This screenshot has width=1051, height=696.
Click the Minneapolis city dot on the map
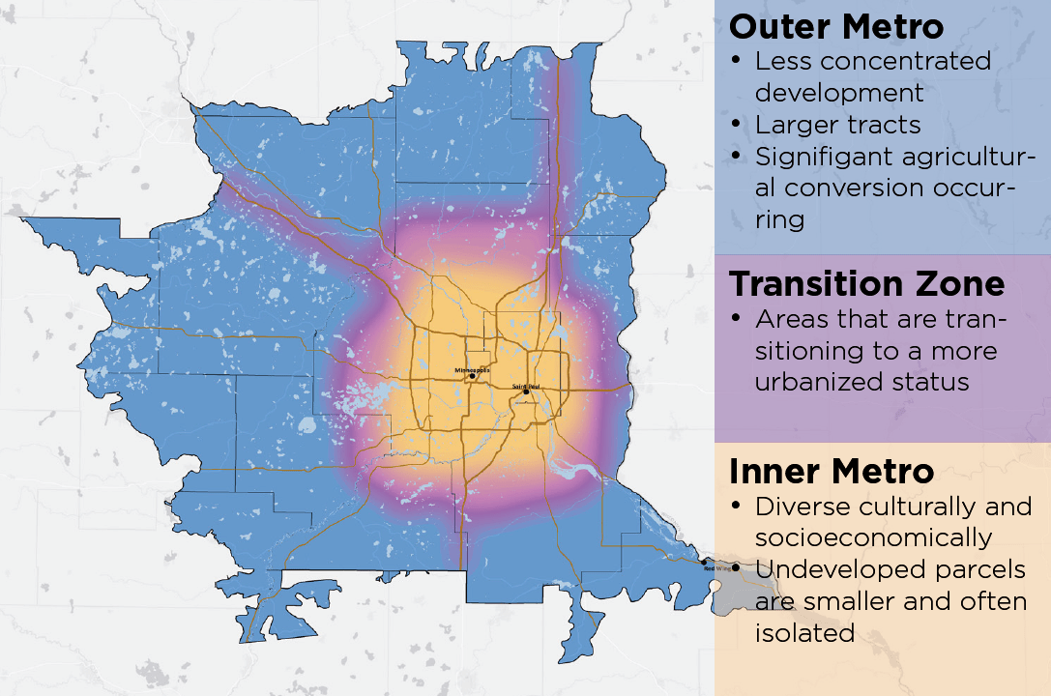click(x=472, y=376)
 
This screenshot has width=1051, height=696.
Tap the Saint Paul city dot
click(x=526, y=391)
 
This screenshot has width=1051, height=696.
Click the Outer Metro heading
click(x=836, y=26)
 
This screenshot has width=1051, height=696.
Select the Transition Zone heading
click(x=866, y=283)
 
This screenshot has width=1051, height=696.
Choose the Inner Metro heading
click(x=831, y=471)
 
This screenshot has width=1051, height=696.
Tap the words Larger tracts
click(x=837, y=125)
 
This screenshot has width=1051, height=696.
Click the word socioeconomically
click(x=873, y=537)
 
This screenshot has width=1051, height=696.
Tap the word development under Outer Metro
click(x=839, y=93)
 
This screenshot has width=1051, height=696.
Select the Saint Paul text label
click(x=526, y=386)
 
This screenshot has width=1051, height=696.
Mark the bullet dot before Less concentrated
click(x=737, y=61)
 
